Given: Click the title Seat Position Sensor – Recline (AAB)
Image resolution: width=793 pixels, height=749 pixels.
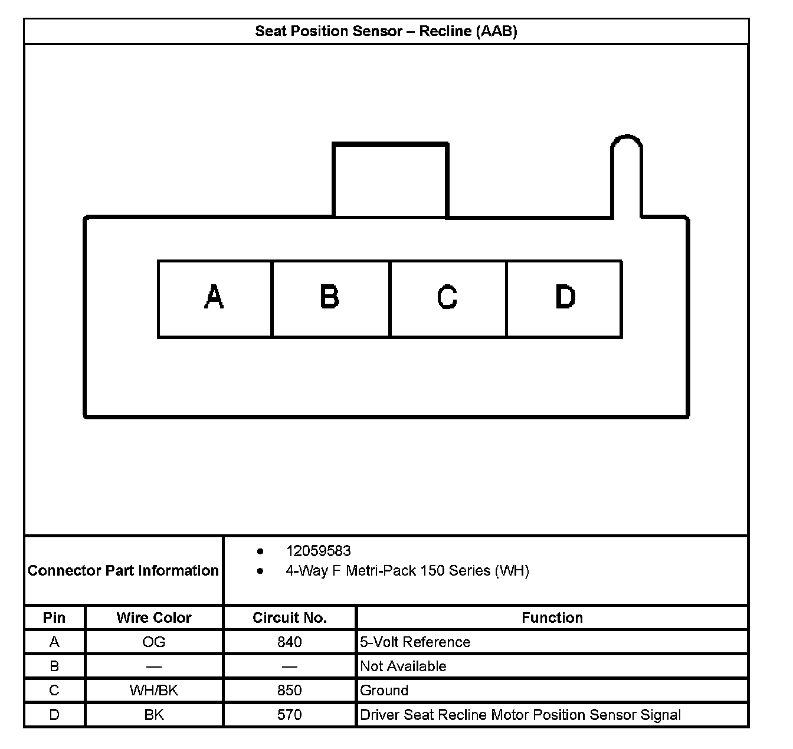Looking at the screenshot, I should coord(386,31).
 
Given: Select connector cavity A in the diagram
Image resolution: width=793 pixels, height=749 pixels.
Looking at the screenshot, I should coord(215,298).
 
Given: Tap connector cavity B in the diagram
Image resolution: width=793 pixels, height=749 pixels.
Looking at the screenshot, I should coord(330,298).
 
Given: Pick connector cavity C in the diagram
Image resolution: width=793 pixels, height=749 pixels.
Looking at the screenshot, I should coord(448,298).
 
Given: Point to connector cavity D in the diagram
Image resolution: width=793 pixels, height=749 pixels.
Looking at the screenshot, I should coord(564,298).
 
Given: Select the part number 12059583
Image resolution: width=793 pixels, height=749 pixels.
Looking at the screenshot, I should coord(318,551).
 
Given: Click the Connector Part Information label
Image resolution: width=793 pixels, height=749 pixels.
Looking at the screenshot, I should coord(123,570).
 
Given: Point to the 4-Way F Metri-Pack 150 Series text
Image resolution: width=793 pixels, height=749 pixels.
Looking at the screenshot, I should coord(407,571).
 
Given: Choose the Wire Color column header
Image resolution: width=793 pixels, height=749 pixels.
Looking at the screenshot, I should coord(154,617).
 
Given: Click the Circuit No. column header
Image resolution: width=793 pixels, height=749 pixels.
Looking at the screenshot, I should coord(290,617).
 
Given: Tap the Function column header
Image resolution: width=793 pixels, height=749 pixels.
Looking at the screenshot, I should coord(552,617).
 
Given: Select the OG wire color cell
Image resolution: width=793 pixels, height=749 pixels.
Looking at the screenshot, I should coord(154,642).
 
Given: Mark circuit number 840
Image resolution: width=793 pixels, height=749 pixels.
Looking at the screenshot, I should coord(290,642).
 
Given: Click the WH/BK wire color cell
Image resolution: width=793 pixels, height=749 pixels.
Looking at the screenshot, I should coord(154,691).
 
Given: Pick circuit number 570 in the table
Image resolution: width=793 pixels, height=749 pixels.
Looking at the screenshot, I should coord(290,715).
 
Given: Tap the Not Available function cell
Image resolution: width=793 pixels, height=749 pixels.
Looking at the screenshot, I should coord(404,666).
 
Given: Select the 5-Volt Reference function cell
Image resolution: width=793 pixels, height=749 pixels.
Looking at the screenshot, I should coord(415,642).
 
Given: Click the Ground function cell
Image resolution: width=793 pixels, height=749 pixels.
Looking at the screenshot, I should coord(384,691).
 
